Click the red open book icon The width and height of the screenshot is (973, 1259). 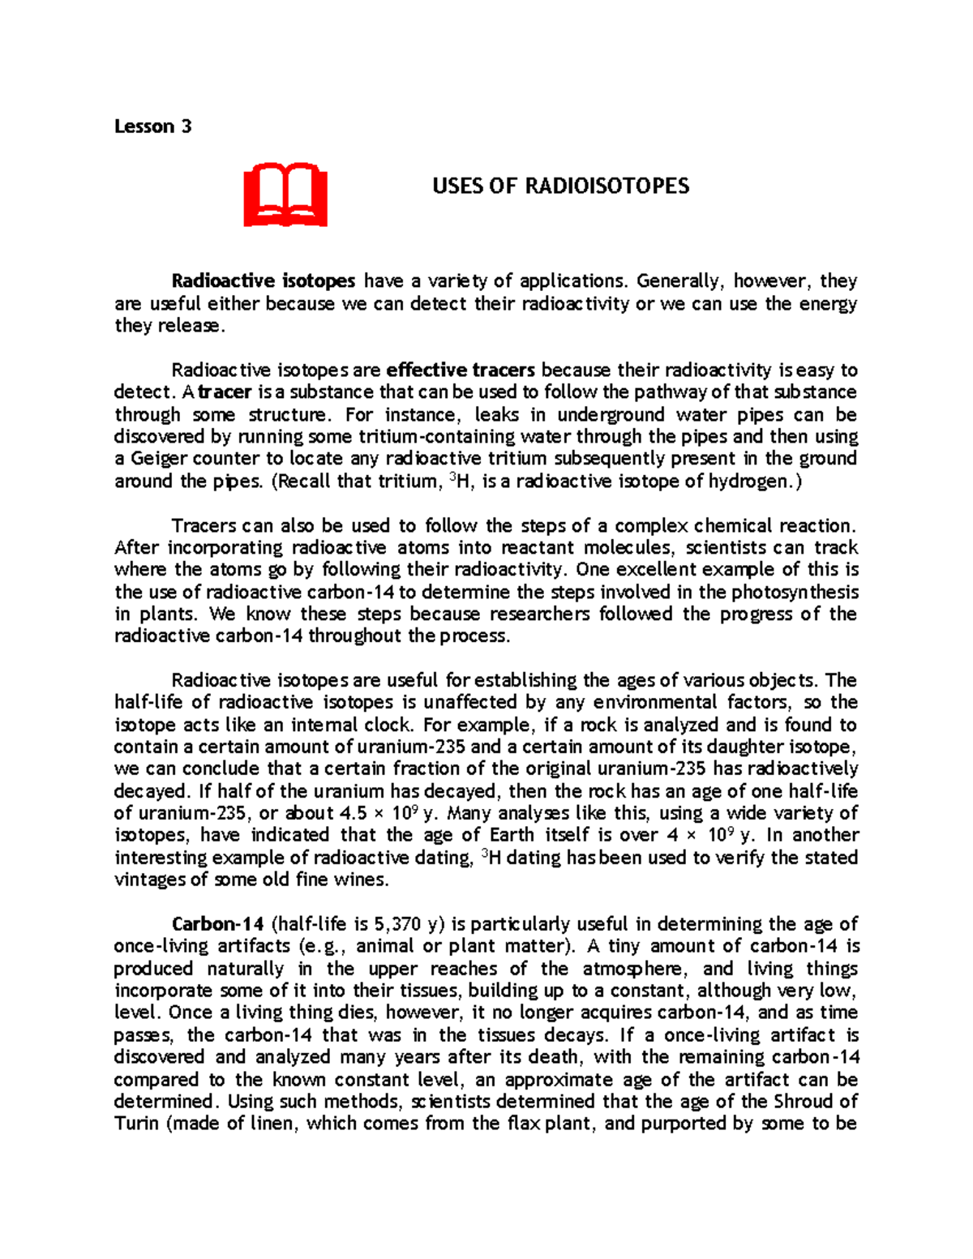pos(285,195)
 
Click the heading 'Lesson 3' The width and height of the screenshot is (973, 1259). pos(152,126)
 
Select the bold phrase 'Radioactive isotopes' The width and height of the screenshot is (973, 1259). pos(264,281)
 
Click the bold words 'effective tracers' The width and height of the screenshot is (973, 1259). pos(461,370)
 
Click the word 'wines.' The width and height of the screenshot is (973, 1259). pos(362,880)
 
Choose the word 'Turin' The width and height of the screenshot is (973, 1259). pos(135,1124)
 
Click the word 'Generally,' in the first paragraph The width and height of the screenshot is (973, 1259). pos(680,281)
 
